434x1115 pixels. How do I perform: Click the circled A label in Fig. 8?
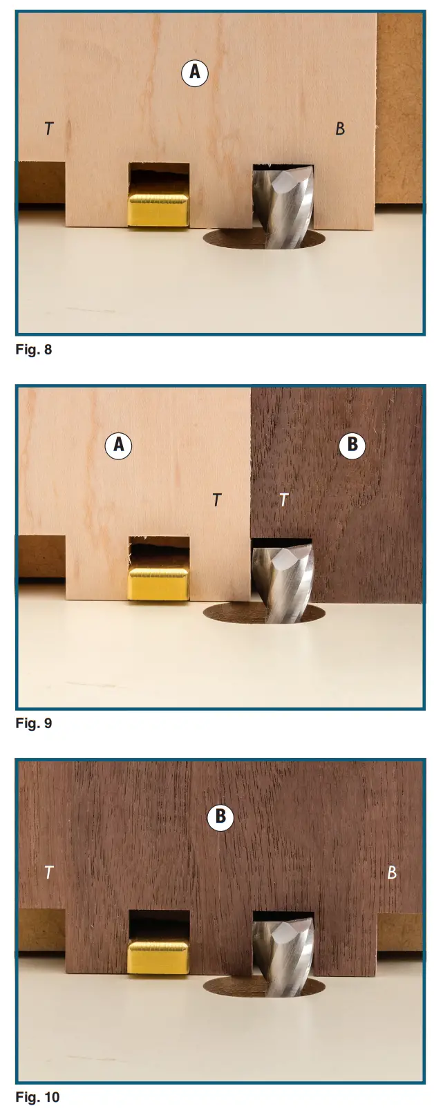195,72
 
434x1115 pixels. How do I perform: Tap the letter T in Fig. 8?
48,128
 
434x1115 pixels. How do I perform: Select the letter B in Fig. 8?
339,128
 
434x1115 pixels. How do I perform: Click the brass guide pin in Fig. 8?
158,210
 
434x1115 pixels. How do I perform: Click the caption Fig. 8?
34,350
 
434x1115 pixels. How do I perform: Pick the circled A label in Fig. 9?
119,445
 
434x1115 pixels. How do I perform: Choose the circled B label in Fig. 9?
352,445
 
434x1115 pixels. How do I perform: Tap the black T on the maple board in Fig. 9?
217,499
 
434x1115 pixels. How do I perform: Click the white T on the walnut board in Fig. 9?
283,499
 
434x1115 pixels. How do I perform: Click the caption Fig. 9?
34,723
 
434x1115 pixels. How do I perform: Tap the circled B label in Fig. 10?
220,817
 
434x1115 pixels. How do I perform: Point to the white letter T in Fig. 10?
48,873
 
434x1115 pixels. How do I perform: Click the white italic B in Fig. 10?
392,873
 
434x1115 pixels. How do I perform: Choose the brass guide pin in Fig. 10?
158,957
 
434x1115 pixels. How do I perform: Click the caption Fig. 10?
37,1097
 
